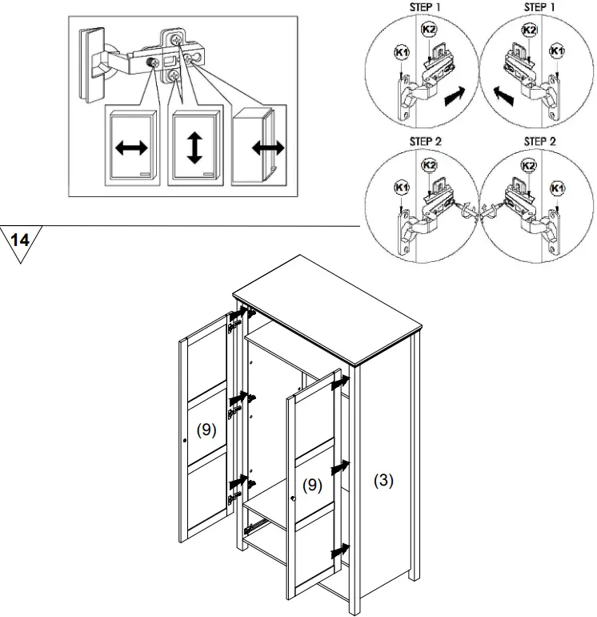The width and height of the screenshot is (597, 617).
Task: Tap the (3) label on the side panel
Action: tap(384, 482)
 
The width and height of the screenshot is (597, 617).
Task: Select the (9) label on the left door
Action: tap(206, 429)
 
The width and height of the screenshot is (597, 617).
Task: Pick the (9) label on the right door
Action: tap(312, 486)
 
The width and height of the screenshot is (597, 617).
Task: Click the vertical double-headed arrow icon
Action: tap(194, 148)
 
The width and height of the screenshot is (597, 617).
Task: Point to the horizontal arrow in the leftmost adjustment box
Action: tap(130, 148)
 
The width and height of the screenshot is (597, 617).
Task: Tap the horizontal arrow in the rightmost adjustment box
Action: tap(267, 147)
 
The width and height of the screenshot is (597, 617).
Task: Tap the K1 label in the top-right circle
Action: tap(558, 51)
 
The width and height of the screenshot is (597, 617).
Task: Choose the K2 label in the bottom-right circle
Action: tap(530, 166)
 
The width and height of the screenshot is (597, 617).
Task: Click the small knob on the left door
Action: tap(185, 440)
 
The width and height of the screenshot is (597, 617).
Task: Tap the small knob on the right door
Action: tap(294, 500)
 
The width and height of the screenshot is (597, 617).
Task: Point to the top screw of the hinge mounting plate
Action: tap(175, 37)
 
